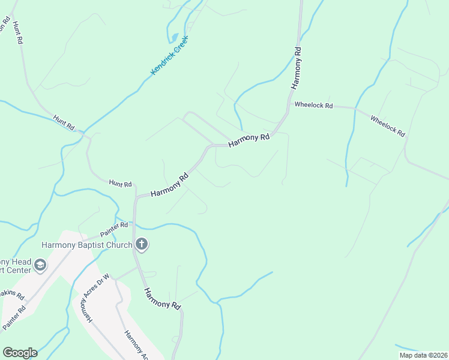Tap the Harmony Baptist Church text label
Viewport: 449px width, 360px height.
(x=88, y=245)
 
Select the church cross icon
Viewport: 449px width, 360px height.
(x=142, y=244)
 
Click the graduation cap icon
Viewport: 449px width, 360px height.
(x=40, y=265)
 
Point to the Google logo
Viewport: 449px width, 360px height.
(x=19, y=353)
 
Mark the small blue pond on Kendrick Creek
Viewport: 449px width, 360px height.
(x=175, y=37)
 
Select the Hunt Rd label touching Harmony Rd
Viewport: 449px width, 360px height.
(x=120, y=183)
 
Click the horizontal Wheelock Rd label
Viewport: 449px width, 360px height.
(x=313, y=105)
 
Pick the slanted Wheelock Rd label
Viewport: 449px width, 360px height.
(x=387, y=126)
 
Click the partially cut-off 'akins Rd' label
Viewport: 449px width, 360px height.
(x=12, y=294)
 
